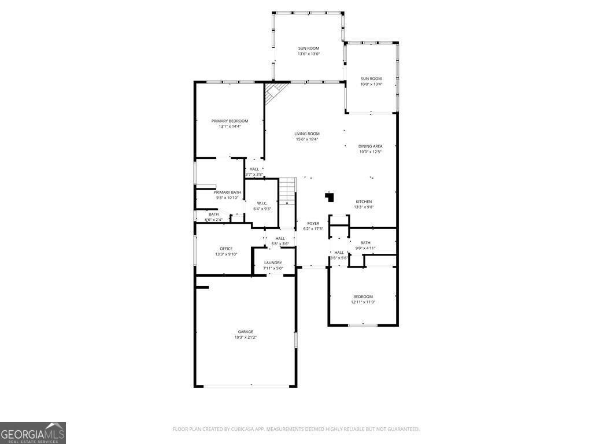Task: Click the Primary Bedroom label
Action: click(x=230, y=121)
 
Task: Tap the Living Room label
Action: click(x=307, y=134)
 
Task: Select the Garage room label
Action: click(x=245, y=332)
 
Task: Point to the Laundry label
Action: click(x=273, y=262)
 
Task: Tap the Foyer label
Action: click(x=313, y=223)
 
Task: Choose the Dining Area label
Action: click(x=371, y=146)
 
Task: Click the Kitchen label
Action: click(x=364, y=202)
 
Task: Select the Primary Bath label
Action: click(x=227, y=192)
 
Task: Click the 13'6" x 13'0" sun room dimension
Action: click(x=309, y=54)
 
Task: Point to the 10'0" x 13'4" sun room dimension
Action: click(x=371, y=84)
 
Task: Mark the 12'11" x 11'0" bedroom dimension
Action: click(x=363, y=302)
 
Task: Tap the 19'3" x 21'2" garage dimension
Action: click(x=245, y=337)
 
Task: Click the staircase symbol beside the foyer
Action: click(x=288, y=191)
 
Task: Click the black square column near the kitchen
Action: click(x=330, y=197)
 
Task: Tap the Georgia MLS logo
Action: click(x=33, y=433)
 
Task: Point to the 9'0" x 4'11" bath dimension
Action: click(x=365, y=248)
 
